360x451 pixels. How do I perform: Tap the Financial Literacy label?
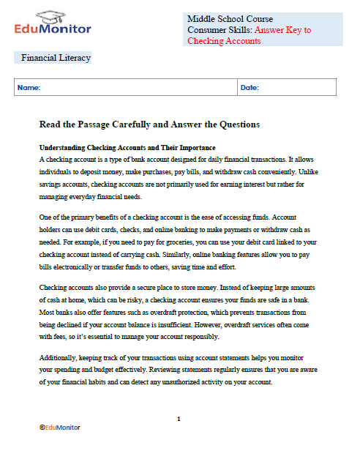(56, 57)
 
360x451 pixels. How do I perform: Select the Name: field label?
(29, 88)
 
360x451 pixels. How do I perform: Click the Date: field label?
(250, 88)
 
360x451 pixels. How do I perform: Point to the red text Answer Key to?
(277, 30)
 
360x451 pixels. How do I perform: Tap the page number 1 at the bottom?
(179, 418)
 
